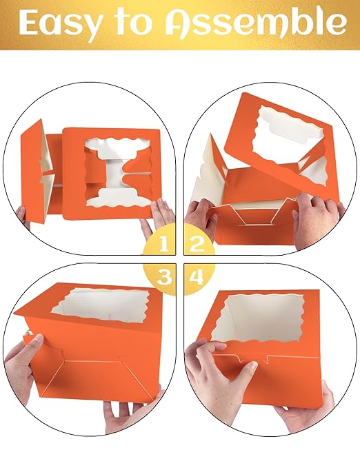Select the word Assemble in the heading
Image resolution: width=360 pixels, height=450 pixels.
coord(255,22)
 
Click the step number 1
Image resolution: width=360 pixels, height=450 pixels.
coord(164,244)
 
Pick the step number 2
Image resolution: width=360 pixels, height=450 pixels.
coord(197,244)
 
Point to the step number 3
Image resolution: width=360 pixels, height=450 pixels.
coord(164,276)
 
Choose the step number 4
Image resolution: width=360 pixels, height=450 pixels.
coord(197,277)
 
